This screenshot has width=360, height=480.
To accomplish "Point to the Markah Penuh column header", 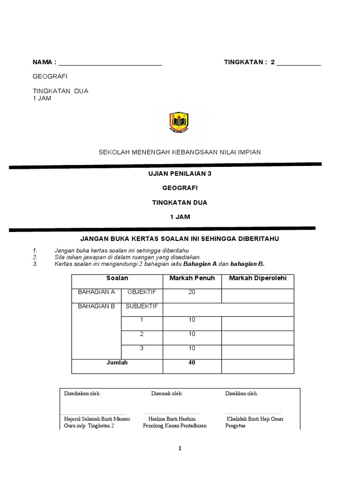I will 192,278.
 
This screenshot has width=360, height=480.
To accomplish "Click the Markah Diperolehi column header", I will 257,278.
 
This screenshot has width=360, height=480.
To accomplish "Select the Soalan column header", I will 117,278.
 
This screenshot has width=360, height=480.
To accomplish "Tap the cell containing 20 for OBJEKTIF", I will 192,292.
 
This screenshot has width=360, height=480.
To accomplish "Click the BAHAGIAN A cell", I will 96,292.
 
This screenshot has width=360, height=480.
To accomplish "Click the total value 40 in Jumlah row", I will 192,362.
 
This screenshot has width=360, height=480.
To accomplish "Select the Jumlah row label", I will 117,362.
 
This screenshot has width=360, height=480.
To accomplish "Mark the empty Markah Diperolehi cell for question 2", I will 257,337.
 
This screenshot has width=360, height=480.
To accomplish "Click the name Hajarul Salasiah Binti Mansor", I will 97,419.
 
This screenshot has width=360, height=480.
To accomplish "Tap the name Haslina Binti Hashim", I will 172,419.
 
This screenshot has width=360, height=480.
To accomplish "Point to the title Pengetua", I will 235,426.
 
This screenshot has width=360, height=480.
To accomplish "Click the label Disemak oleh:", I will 167,393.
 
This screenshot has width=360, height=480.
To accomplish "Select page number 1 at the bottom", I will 180,448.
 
